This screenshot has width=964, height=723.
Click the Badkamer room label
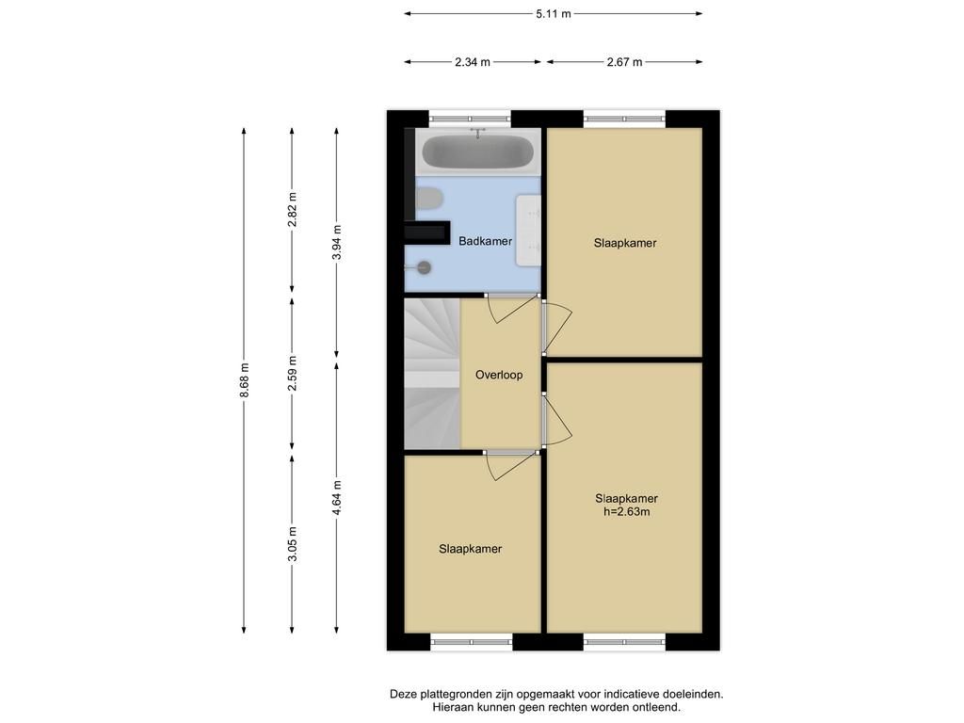point(485,242)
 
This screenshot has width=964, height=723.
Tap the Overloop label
point(499,375)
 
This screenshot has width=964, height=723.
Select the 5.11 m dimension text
point(554,13)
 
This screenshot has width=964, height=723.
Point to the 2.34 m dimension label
point(473,62)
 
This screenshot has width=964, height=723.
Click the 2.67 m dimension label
point(625,62)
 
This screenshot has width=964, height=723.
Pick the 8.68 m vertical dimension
point(244,380)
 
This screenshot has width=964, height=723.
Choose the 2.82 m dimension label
point(293,210)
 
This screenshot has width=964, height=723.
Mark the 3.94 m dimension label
point(337,243)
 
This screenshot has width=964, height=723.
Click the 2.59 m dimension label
point(293,373)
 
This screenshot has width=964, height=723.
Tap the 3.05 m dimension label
point(293,543)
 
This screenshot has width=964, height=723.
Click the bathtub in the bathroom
point(477,152)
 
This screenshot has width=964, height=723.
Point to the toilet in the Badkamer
point(429,199)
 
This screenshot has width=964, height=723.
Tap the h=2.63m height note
point(626,511)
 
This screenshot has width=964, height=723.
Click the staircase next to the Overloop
point(432,373)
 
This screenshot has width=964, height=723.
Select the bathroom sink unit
point(528,231)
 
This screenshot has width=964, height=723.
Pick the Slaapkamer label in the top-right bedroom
point(625,243)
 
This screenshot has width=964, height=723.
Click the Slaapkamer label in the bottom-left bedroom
point(471,549)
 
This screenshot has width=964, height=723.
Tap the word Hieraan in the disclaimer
point(452,707)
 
